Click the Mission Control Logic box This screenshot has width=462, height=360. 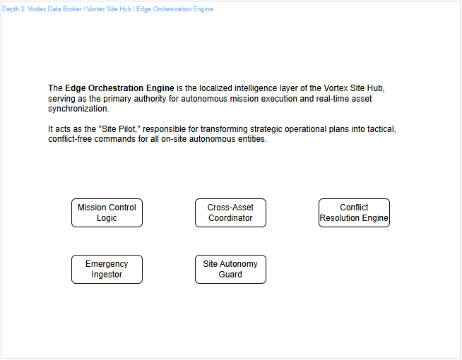click(107, 212)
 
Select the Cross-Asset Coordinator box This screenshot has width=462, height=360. click(230, 212)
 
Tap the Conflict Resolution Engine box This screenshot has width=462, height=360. click(354, 212)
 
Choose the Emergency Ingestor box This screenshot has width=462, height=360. click(107, 269)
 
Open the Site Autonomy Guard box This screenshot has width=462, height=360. click(230, 269)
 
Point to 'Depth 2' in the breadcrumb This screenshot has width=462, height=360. click(13, 9)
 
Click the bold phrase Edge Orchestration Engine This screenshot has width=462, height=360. click(119, 88)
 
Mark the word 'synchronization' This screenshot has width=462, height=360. click(78, 109)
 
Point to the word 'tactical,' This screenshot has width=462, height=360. click(380, 129)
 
